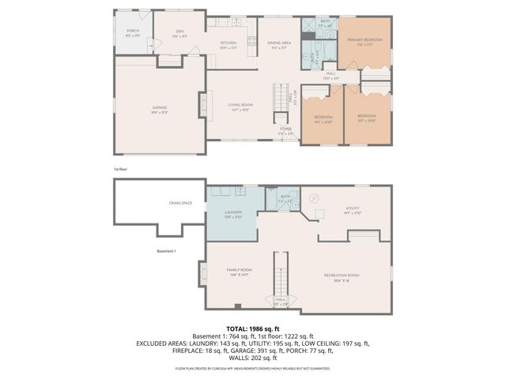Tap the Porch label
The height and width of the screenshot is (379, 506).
(133, 32)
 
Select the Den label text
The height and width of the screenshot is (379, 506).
(179, 32)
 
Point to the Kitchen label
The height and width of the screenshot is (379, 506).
(228, 43)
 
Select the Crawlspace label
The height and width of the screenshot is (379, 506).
(180, 203)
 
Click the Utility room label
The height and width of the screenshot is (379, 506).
(352, 209)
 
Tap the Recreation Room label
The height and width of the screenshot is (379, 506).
(342, 275)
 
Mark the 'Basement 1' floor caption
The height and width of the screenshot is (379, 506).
(165, 251)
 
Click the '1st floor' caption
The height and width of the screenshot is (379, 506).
(120, 168)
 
